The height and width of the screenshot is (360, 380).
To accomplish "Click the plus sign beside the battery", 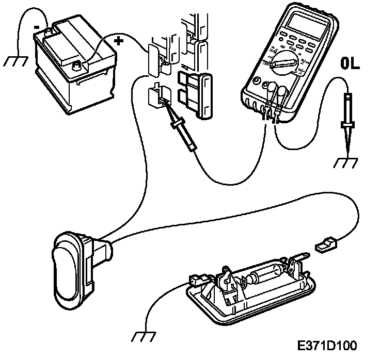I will [119, 41].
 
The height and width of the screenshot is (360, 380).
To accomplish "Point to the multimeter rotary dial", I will [283, 63].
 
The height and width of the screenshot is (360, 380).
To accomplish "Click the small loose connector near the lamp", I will [326, 244].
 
